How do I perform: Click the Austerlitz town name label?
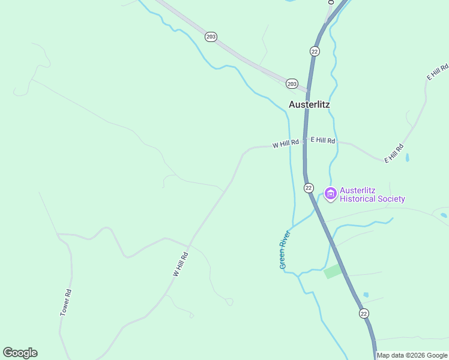point(309,104)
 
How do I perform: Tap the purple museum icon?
point(330,194)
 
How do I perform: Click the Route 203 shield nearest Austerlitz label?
point(292,83)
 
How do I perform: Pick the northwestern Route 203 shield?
point(210,37)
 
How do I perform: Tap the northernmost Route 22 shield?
point(315,51)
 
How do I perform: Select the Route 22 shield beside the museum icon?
point(309,188)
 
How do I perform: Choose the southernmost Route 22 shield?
point(364,313)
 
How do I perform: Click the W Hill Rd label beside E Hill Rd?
point(285,144)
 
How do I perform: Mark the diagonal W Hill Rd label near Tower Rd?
point(181,264)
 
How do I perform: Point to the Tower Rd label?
point(66,303)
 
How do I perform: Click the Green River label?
point(285,248)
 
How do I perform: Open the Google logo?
point(20,352)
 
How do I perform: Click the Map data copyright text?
point(412,355)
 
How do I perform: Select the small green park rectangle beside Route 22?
point(333,272)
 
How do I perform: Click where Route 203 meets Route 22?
point(307,92)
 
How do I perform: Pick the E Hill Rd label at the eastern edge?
point(438,72)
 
